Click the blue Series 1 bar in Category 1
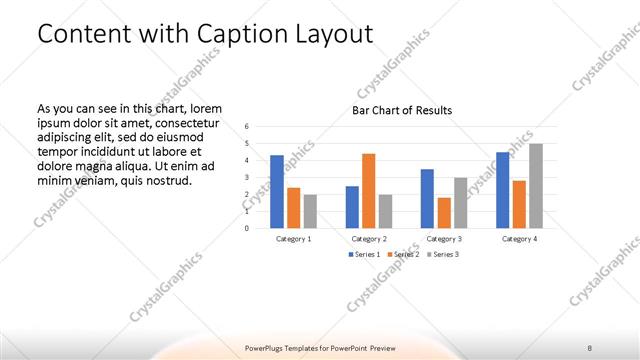coord(277,191)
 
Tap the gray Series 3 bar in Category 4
coord(536,185)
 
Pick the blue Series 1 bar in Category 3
coord(427,198)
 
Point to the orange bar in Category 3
coord(444,212)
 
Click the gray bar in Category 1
coord(310,211)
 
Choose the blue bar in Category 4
coord(502,189)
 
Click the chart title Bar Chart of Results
coord(401,110)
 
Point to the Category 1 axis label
coord(293,239)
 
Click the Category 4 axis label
coord(519,239)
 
